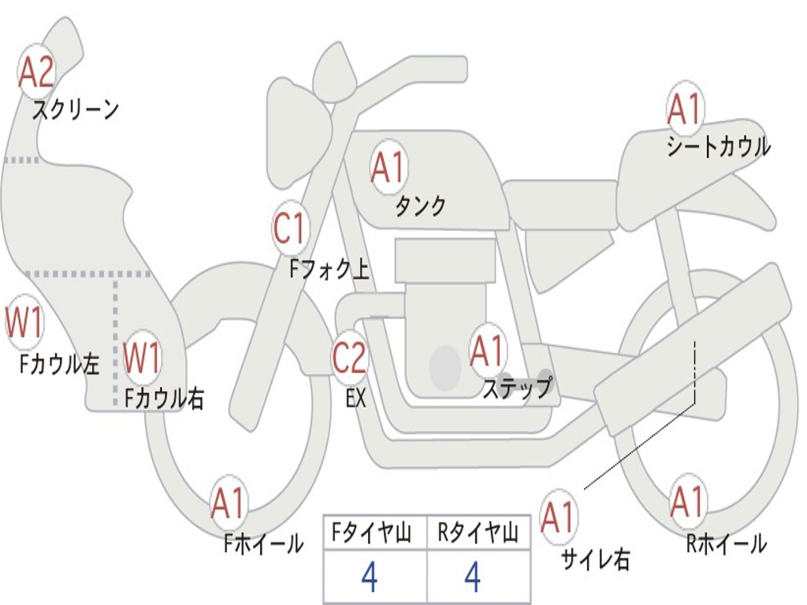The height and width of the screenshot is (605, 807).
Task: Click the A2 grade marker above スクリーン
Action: (x=36, y=73)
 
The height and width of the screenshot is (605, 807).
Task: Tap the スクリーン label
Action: (x=75, y=109)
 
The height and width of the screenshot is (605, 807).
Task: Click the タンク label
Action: (x=420, y=206)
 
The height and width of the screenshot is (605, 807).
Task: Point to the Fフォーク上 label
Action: (x=329, y=270)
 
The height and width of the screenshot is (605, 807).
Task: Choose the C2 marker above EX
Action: (x=350, y=359)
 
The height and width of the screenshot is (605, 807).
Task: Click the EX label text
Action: (x=355, y=399)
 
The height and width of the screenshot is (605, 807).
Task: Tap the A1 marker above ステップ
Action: (x=487, y=351)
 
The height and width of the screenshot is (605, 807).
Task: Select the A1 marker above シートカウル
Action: (x=684, y=109)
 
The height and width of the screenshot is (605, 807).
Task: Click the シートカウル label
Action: (x=718, y=147)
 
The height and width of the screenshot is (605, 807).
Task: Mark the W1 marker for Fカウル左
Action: (x=24, y=323)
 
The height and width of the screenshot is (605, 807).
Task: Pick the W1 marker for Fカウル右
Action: (x=143, y=359)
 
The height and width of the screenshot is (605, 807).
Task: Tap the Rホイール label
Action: (x=726, y=544)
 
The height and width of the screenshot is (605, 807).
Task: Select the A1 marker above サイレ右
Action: (x=559, y=518)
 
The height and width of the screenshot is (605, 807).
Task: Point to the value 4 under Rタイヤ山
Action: (x=472, y=577)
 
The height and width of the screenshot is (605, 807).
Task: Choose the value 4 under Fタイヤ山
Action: (x=369, y=577)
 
